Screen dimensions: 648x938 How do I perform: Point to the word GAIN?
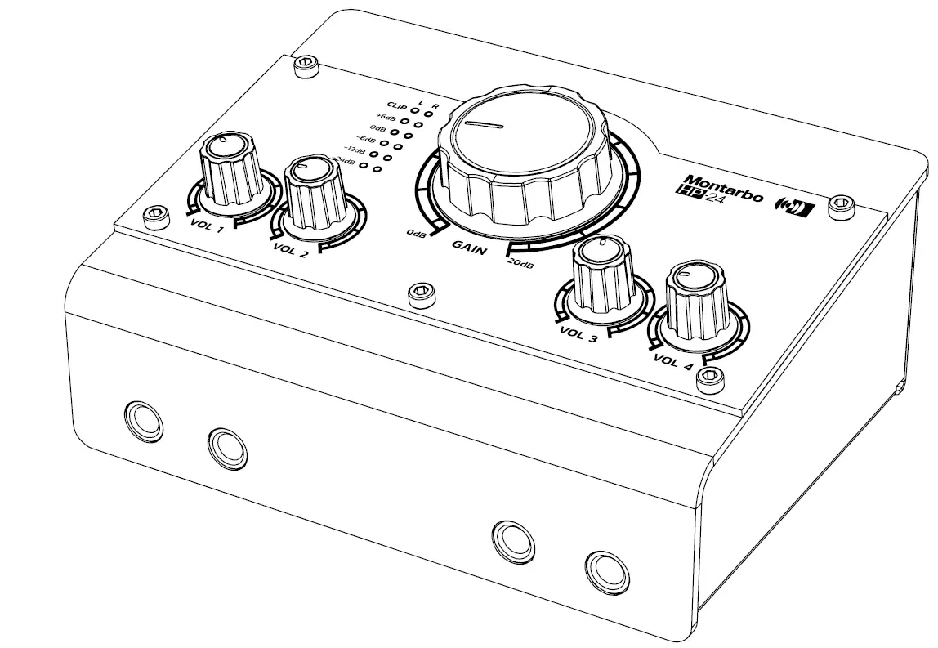tap(470, 247)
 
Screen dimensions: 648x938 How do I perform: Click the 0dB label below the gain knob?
tap(416, 235)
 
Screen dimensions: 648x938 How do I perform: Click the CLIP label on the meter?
tap(398, 106)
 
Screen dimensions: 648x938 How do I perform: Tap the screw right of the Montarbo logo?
tap(840, 208)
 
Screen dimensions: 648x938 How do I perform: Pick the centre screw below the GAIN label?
tap(420, 292)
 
